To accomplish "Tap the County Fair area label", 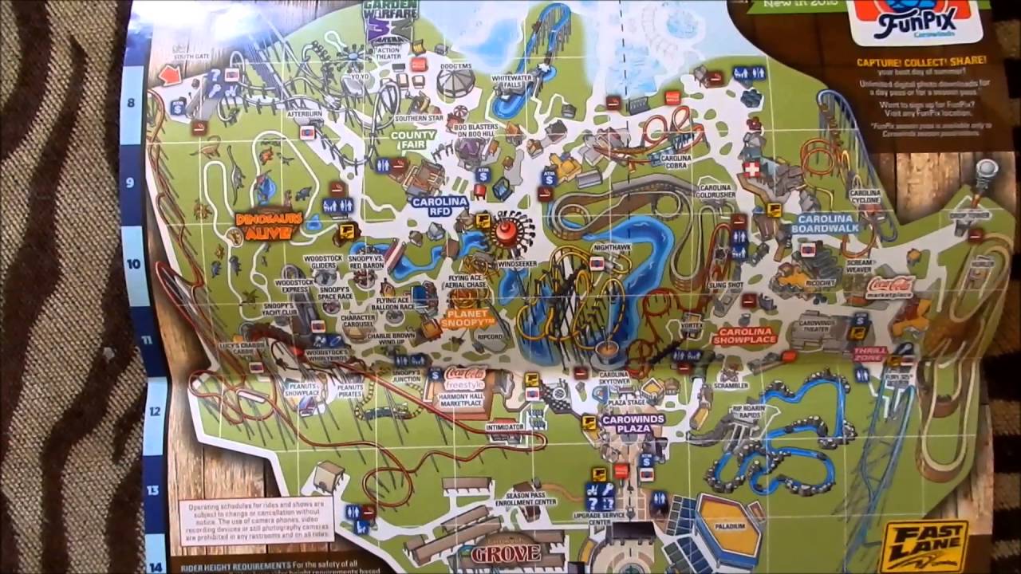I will click(413, 140).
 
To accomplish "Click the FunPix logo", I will click(914, 24).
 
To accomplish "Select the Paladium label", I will click(729, 527).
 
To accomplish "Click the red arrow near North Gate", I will click(170, 75).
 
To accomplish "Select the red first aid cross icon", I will click(751, 169).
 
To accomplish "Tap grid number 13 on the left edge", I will click(153, 489).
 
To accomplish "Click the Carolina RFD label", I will click(439, 206).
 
